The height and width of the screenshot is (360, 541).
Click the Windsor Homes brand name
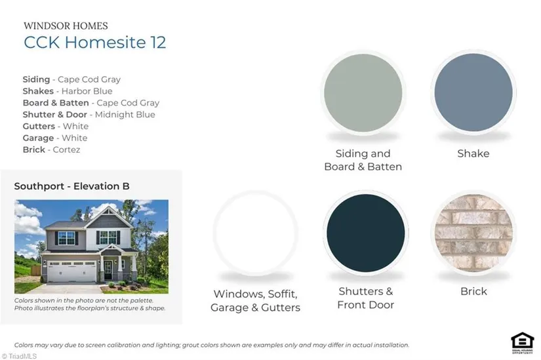tap(66, 26)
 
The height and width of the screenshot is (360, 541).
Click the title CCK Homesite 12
tap(95, 42)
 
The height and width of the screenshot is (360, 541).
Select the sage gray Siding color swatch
tap(363, 92)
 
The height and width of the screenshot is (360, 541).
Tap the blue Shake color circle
tap(473, 92)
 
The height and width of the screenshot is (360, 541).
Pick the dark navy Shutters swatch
tap(366, 233)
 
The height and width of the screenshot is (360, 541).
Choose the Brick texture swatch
tap(473, 233)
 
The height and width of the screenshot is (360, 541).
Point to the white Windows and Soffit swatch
tap(255, 233)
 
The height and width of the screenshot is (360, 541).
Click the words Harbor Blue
tap(87, 91)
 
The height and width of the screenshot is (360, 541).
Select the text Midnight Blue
tap(125, 115)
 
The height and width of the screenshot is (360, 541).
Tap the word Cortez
tap(66, 150)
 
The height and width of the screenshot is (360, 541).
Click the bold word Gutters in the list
tap(39, 127)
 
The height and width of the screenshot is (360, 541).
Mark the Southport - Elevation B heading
tap(71, 186)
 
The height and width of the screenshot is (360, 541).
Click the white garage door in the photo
tap(71, 271)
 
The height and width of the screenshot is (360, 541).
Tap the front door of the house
tap(108, 270)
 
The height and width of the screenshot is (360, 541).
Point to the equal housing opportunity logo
tap(523, 343)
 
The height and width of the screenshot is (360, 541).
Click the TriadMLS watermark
tap(19, 356)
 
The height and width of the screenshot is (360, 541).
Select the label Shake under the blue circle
tap(473, 153)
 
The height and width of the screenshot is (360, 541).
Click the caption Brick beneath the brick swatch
tap(473, 291)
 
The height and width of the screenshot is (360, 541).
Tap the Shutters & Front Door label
tap(366, 298)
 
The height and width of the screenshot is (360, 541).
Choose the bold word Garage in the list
tap(38, 138)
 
